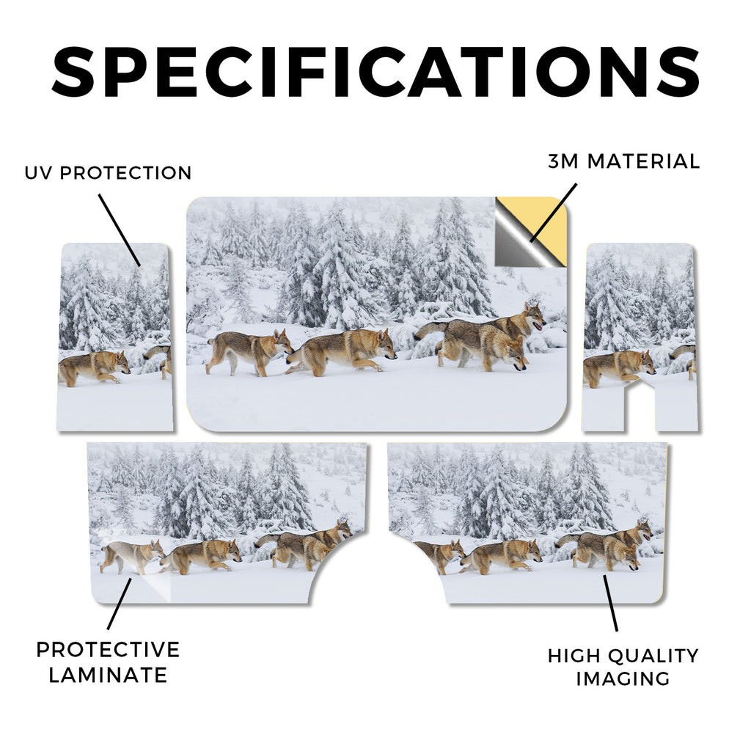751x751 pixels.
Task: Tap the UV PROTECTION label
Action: (109, 173)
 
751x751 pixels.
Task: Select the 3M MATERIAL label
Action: (624, 161)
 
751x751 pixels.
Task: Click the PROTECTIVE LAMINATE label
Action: (109, 662)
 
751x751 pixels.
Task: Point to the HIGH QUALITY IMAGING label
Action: (623, 667)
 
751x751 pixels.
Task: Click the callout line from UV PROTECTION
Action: (120, 230)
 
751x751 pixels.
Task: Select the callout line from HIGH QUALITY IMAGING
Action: (611, 603)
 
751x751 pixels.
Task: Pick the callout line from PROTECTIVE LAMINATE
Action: (120, 604)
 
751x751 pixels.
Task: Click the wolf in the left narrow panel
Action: (94, 367)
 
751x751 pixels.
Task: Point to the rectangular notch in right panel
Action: (640, 403)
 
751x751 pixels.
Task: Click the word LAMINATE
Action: (109, 675)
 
